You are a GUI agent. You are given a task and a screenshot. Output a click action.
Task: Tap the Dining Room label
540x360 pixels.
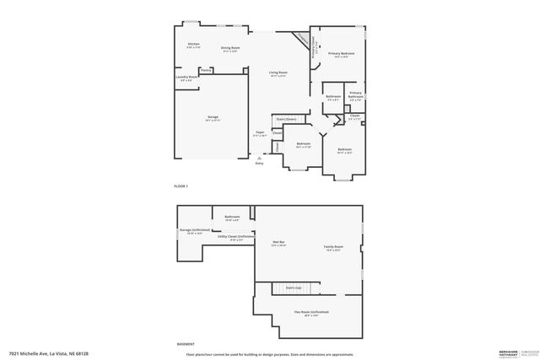(230, 48)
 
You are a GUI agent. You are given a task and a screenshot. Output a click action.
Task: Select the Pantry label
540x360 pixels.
(206, 71)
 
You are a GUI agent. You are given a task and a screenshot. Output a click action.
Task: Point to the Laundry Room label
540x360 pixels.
(186, 77)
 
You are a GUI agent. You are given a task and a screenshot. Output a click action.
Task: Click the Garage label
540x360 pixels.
(212, 116)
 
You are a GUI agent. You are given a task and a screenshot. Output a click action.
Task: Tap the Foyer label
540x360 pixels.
(260, 132)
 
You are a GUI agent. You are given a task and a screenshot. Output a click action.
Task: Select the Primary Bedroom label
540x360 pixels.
(342, 54)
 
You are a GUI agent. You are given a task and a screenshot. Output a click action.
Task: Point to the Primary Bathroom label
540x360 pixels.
(355, 94)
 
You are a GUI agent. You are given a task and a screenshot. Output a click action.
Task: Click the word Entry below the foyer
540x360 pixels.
(259, 163)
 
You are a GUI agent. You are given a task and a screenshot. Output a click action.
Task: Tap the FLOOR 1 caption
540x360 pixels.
(181, 185)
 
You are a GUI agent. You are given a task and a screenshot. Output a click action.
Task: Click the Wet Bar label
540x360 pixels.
(278, 243)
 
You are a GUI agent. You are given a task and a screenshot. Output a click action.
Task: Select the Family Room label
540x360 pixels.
(333, 246)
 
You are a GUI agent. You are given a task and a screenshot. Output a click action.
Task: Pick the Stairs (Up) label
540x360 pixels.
(294, 287)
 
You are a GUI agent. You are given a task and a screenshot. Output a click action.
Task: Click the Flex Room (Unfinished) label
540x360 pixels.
(311, 312)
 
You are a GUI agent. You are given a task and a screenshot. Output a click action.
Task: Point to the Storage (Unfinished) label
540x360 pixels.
(194, 229)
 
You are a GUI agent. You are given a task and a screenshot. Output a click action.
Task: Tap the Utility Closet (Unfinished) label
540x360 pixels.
(235, 237)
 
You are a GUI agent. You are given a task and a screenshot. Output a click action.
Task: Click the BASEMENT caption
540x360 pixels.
(186, 343)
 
